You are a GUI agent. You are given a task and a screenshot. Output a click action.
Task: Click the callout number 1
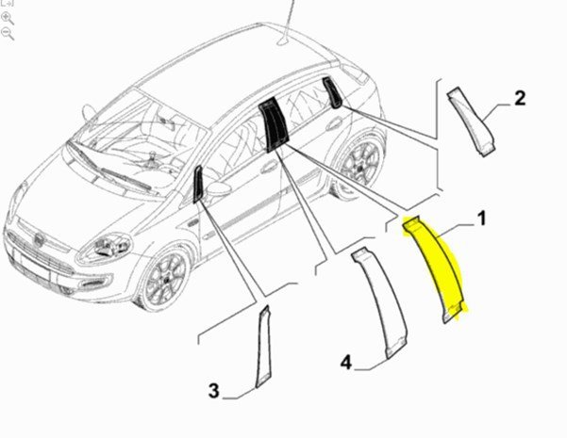[481, 219]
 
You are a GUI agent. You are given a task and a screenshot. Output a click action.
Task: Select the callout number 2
[520, 99]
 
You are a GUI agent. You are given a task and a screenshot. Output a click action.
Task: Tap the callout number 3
[214, 391]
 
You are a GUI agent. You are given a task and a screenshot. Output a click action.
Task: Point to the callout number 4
[346, 362]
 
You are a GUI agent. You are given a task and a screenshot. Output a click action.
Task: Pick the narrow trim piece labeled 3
[263, 347]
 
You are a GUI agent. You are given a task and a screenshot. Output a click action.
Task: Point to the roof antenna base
[283, 41]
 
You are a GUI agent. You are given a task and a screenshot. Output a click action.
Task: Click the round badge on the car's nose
[38, 239]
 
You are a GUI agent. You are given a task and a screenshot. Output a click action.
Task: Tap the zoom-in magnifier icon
[8, 18]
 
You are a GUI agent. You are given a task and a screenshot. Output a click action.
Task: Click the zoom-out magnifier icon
[8, 34]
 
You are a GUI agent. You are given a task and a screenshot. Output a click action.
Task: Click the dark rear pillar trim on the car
[332, 92]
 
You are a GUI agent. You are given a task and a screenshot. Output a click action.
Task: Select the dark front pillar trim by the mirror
[198, 184]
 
